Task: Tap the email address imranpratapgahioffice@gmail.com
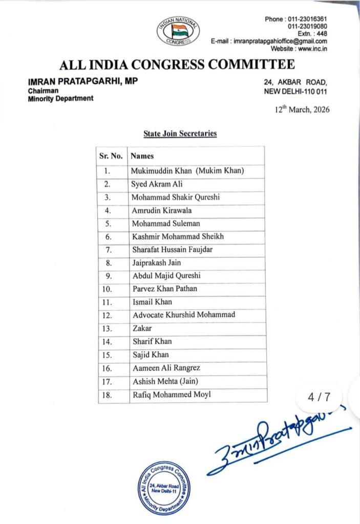pyautogui.click(x=280, y=41)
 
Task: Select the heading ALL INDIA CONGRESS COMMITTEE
pyautogui.click(x=177, y=65)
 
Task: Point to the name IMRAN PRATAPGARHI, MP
pyautogui.click(x=83, y=81)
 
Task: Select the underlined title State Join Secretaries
pyautogui.click(x=180, y=134)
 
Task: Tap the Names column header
pyautogui.click(x=142, y=156)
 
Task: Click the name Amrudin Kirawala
pyautogui.click(x=162, y=210)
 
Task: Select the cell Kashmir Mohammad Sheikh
pyautogui.click(x=178, y=236)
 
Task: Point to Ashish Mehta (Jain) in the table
pyautogui.click(x=165, y=381)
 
